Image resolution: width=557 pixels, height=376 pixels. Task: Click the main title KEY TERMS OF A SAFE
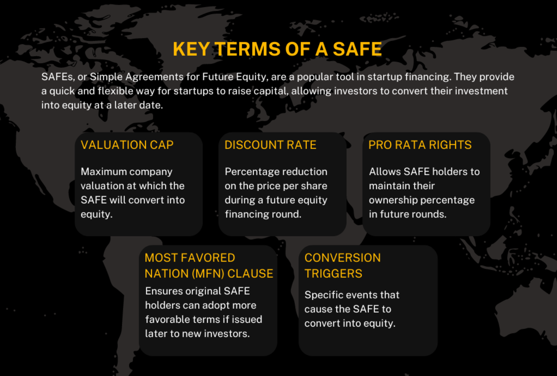277,49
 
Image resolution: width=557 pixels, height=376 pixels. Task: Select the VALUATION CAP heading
127,145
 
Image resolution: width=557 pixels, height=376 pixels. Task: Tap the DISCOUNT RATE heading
270,145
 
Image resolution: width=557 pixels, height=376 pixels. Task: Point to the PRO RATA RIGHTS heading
420,145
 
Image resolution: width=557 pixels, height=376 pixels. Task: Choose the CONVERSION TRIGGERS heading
343,266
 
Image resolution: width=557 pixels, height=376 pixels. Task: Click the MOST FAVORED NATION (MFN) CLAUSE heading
209,266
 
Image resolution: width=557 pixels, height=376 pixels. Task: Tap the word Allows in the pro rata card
385,172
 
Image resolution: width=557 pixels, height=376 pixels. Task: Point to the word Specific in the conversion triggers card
324,295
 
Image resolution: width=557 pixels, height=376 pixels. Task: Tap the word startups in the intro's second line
194,91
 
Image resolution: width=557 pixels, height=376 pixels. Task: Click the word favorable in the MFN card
168,320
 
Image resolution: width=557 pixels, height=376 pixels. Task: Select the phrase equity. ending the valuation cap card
96,214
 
